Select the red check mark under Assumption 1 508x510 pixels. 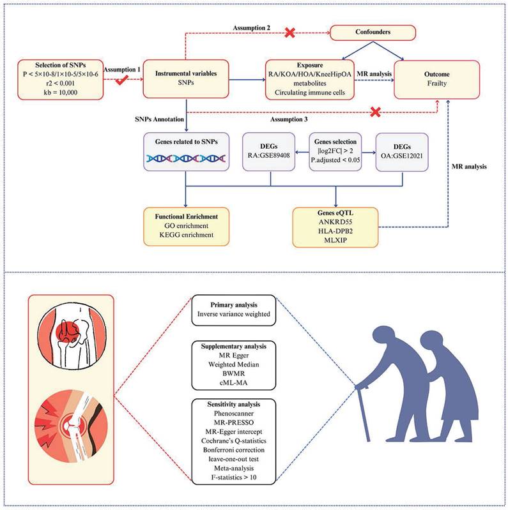(118, 80)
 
